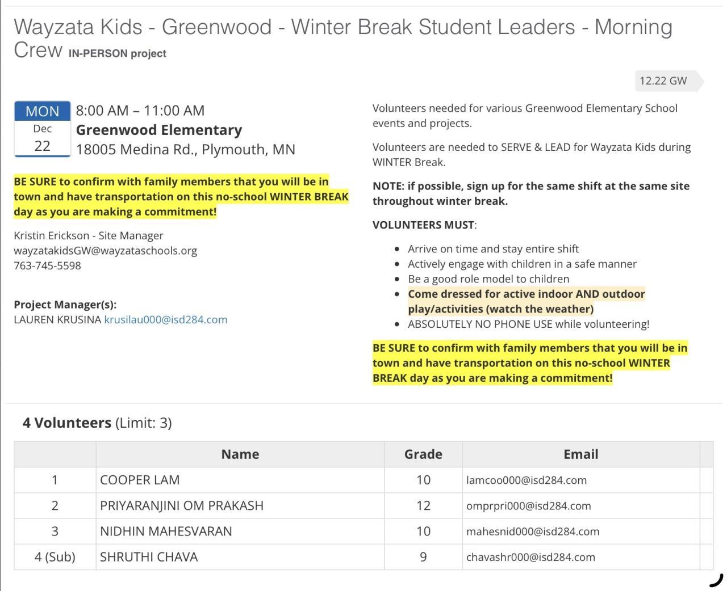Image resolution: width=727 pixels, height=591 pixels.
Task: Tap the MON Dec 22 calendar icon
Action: click(x=42, y=129)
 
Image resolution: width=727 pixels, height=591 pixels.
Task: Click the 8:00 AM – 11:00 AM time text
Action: click(x=140, y=111)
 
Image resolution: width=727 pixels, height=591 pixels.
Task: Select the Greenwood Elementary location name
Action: click(x=159, y=130)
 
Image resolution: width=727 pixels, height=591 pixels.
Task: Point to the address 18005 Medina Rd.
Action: click(x=185, y=149)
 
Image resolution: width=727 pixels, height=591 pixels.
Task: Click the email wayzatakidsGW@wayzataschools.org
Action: click(x=106, y=251)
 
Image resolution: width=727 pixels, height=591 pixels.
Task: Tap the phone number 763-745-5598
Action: click(x=47, y=265)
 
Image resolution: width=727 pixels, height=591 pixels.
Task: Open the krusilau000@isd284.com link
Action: click(x=166, y=320)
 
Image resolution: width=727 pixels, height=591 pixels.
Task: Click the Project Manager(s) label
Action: click(x=65, y=305)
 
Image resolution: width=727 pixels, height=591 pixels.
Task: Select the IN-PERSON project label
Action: click(x=118, y=54)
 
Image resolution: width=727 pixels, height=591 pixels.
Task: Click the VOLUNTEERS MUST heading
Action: click(x=424, y=225)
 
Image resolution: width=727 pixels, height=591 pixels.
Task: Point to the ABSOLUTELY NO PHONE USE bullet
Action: click(x=528, y=324)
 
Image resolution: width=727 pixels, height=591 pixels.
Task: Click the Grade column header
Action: click(x=423, y=454)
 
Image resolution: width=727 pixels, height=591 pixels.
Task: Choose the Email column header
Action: click(x=580, y=454)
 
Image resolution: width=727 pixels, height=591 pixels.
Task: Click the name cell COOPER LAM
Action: click(x=140, y=480)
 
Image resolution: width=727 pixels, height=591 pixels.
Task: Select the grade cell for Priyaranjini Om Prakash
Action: click(x=423, y=506)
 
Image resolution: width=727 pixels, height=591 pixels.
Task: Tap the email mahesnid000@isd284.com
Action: click(x=533, y=532)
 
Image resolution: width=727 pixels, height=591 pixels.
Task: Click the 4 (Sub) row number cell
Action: click(x=55, y=557)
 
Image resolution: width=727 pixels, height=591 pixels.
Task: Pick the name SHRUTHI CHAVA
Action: click(x=149, y=557)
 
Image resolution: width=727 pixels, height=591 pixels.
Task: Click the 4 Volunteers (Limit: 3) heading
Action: click(x=97, y=423)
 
